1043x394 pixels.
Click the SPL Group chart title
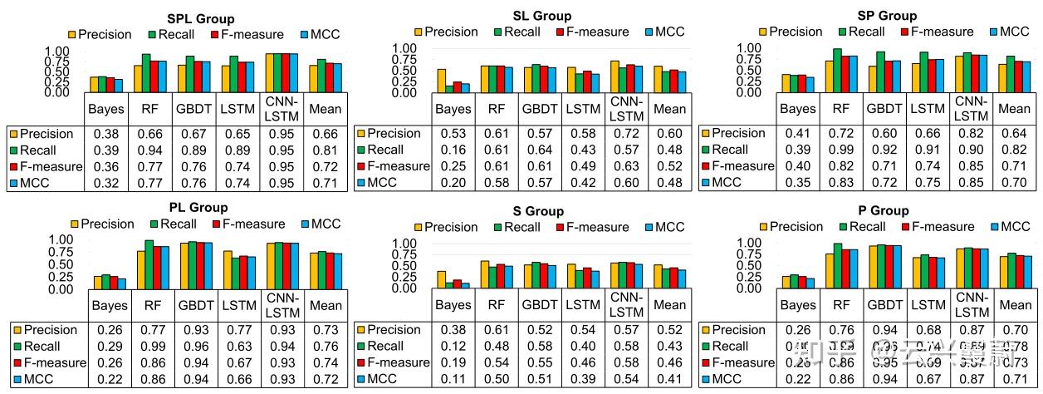[200, 18]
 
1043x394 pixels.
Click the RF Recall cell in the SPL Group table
[151, 150]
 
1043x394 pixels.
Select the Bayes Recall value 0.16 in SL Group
[453, 150]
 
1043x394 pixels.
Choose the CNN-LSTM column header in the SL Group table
[626, 108]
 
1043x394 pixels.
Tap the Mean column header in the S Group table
[669, 305]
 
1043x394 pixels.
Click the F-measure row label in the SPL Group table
[47, 166]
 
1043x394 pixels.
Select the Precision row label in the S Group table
[394, 330]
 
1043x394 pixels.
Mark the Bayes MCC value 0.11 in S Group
[453, 379]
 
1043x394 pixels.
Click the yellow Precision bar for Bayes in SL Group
[442, 81]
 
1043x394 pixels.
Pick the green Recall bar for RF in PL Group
[149, 264]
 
